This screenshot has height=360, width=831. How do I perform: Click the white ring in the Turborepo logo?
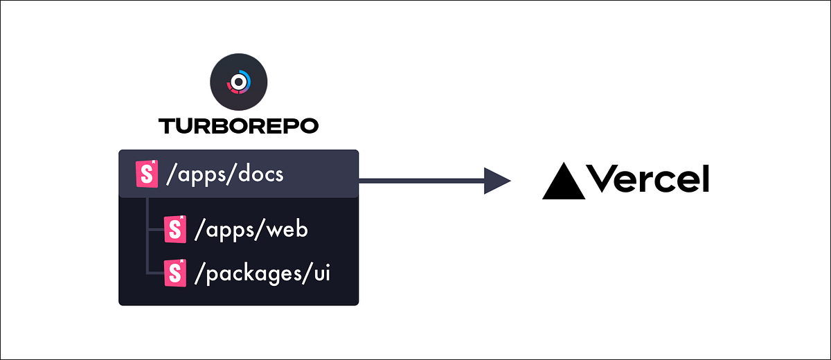point(238,82)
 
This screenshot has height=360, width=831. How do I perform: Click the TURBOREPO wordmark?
point(238,126)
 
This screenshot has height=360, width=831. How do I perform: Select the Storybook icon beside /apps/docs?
point(146,174)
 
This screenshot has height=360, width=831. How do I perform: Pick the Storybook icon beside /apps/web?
point(175,230)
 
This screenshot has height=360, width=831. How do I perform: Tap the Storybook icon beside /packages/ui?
point(175,273)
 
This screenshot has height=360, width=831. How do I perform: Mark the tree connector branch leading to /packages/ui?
point(155,273)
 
